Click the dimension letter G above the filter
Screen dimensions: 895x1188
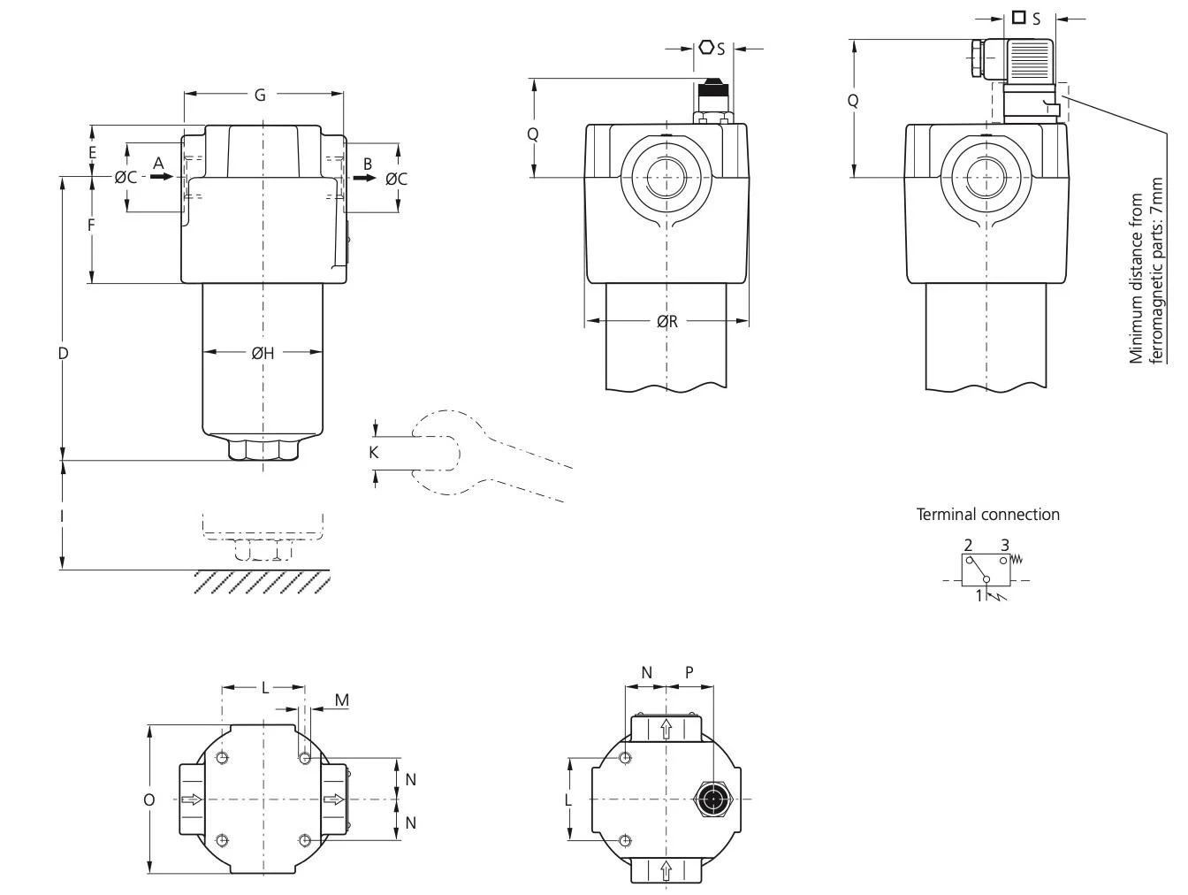click(x=260, y=95)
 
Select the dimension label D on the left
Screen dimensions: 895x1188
click(x=63, y=354)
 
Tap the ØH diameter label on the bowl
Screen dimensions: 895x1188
click(x=263, y=354)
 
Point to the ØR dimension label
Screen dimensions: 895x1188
click(x=667, y=322)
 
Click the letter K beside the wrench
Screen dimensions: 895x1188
click(x=374, y=453)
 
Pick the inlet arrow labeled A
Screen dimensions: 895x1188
click(x=161, y=177)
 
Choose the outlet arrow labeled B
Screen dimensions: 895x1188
click(x=363, y=177)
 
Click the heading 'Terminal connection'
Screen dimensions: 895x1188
click(x=987, y=515)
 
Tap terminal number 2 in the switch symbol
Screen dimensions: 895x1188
click(x=969, y=545)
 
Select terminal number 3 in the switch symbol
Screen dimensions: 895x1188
click(x=1005, y=545)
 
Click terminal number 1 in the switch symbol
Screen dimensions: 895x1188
click(x=979, y=596)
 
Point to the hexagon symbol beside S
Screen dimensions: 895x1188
click(x=706, y=47)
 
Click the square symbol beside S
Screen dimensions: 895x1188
click(x=1019, y=17)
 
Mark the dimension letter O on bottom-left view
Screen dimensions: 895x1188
click(x=149, y=800)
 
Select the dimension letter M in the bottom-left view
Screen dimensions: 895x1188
click(x=342, y=701)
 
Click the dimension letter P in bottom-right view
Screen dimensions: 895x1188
click(x=689, y=673)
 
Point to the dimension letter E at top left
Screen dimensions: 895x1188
click(x=92, y=152)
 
